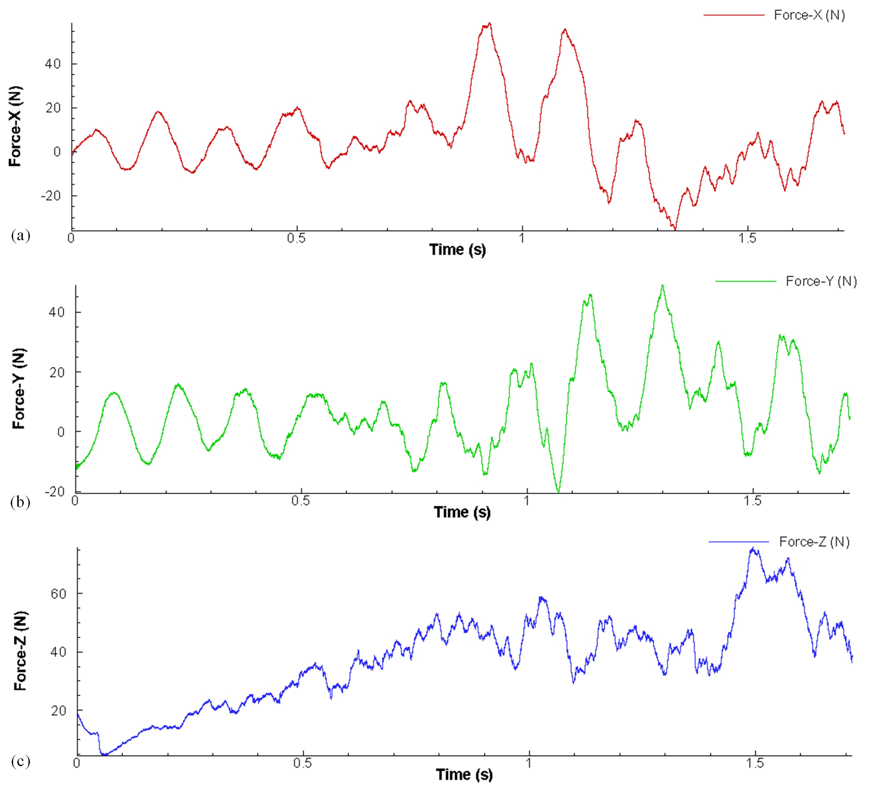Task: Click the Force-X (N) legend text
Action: point(809,15)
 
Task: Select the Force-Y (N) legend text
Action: point(821,281)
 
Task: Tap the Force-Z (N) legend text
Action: point(814,542)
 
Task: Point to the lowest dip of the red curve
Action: point(675,229)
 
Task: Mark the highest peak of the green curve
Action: point(662,286)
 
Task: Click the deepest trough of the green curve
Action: point(558,491)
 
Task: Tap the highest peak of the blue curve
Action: point(753,548)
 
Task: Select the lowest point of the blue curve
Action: point(104,754)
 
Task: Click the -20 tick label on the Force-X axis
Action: point(51,196)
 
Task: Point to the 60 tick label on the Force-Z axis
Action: point(59,594)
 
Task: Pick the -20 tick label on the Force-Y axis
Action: point(55,491)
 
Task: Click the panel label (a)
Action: point(21,235)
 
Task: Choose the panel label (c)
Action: point(21,762)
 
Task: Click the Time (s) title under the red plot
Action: point(457,250)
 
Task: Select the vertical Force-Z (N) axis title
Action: point(21,651)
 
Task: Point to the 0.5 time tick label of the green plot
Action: point(300,501)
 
